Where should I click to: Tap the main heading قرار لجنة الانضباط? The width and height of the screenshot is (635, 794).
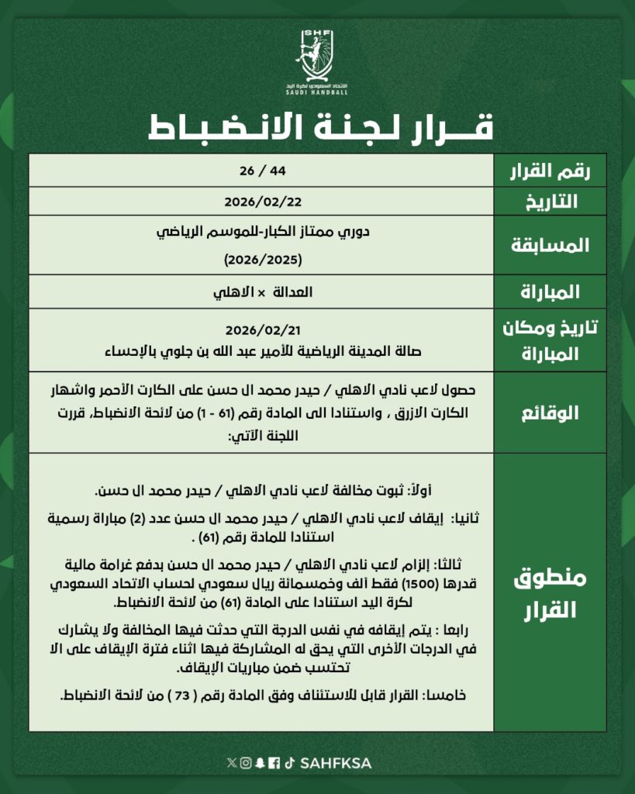[317, 127]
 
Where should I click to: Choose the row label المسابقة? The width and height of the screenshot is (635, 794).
[551, 246]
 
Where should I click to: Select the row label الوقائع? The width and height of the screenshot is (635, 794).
[551, 413]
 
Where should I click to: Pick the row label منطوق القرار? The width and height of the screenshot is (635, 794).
[551, 593]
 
